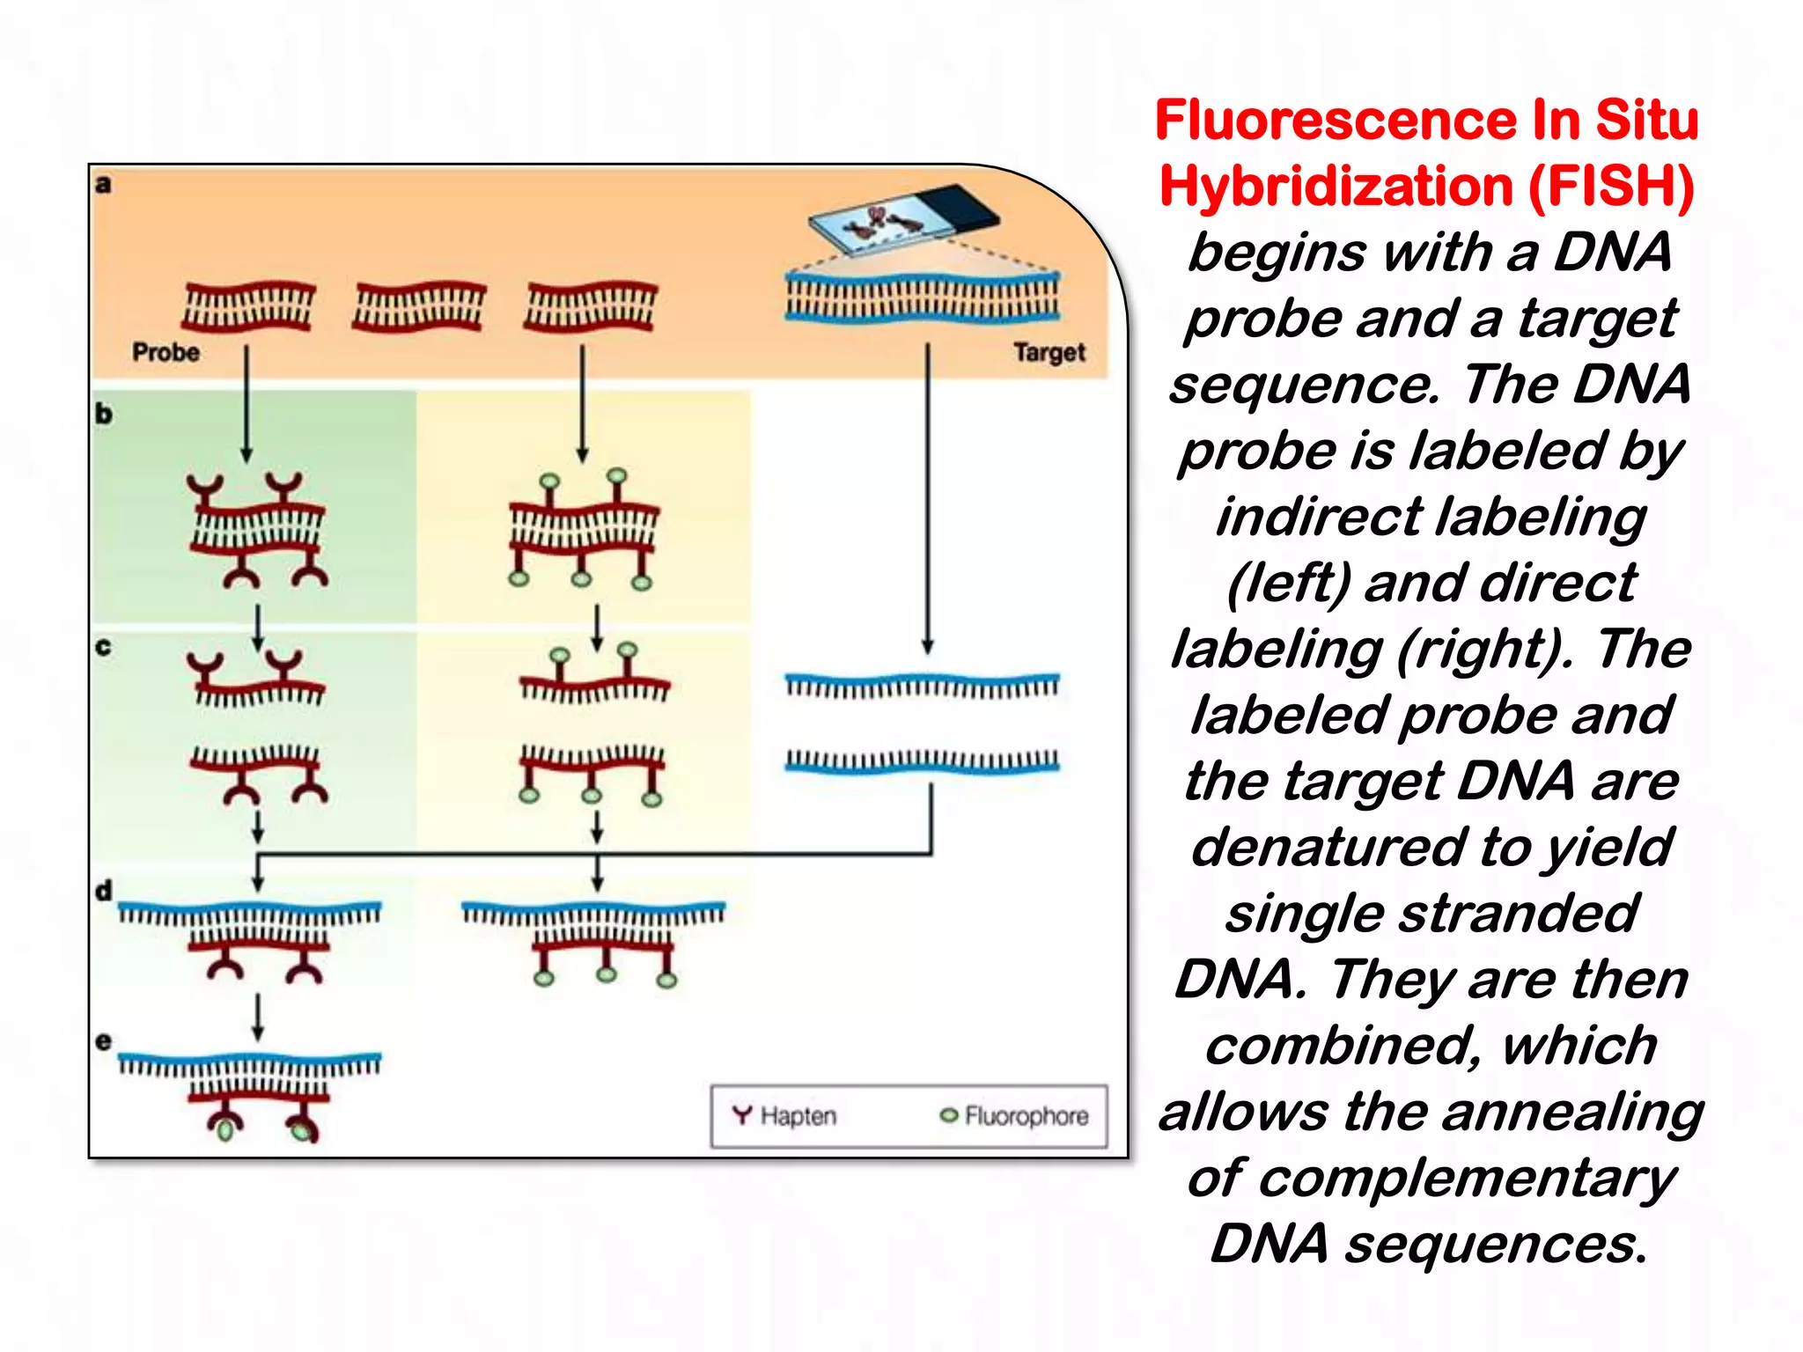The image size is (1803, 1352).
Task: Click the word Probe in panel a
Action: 166,352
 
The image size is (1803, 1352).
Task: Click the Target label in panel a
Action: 1049,353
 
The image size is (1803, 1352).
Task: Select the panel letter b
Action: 104,414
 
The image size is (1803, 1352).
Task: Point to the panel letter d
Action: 104,891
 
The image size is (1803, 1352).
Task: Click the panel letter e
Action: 104,1041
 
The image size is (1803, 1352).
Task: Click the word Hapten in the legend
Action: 798,1116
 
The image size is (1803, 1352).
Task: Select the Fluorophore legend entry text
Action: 1026,1116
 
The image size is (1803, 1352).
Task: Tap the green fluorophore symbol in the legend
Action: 948,1116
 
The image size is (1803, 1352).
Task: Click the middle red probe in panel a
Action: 419,306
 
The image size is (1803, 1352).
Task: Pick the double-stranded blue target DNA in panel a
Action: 922,298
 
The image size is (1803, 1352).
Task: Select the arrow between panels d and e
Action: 258,1017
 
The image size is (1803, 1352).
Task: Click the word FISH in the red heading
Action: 1609,187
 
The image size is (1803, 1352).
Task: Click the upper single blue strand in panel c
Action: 922,685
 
